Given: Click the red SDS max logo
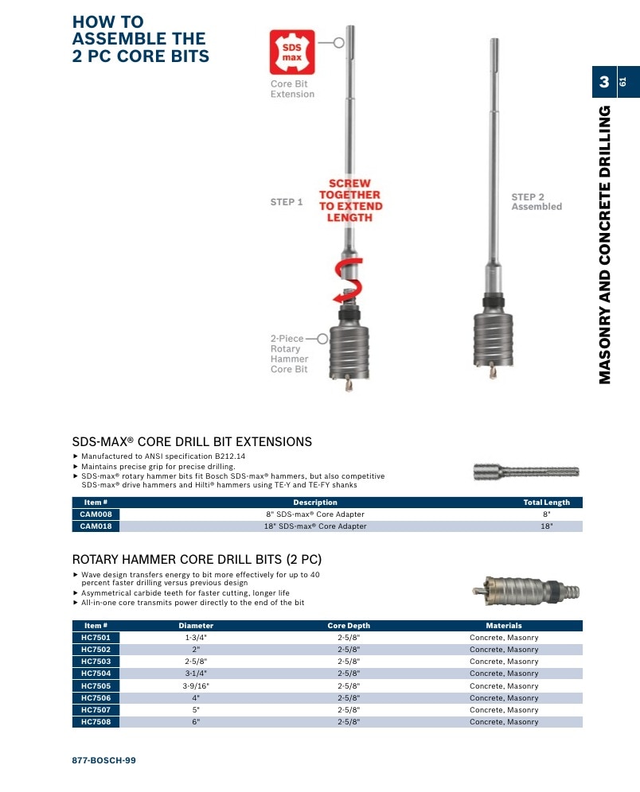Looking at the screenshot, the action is pos(292,52).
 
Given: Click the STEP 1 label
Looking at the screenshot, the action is pos(286,202).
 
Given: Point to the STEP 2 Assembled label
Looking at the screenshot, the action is pos(537,201).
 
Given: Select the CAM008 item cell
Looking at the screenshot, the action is pos(96,514).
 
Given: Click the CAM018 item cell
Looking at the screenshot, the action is pos(96,526).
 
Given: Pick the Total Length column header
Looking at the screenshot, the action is pos(547,502).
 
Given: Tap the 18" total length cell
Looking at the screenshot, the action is pos(547,526).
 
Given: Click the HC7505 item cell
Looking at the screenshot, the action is pos(96,685).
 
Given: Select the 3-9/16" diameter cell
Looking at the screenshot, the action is pos(196,685).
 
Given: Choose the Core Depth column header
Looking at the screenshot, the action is pos(349,625).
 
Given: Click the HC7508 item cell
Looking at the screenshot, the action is pos(96,722).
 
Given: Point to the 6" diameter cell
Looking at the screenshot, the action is pos(196,722).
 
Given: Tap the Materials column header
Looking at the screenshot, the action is pos(504,625).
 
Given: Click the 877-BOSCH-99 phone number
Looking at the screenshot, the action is pos(103,760).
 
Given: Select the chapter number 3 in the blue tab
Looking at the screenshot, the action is pos(604,82).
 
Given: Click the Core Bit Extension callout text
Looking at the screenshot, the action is pos(292,89).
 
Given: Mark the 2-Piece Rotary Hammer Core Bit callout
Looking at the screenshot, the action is pos(289,354).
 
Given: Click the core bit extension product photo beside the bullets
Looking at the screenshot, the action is pos(526,472).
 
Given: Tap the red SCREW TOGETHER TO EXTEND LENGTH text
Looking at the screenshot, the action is pos(350,200).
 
